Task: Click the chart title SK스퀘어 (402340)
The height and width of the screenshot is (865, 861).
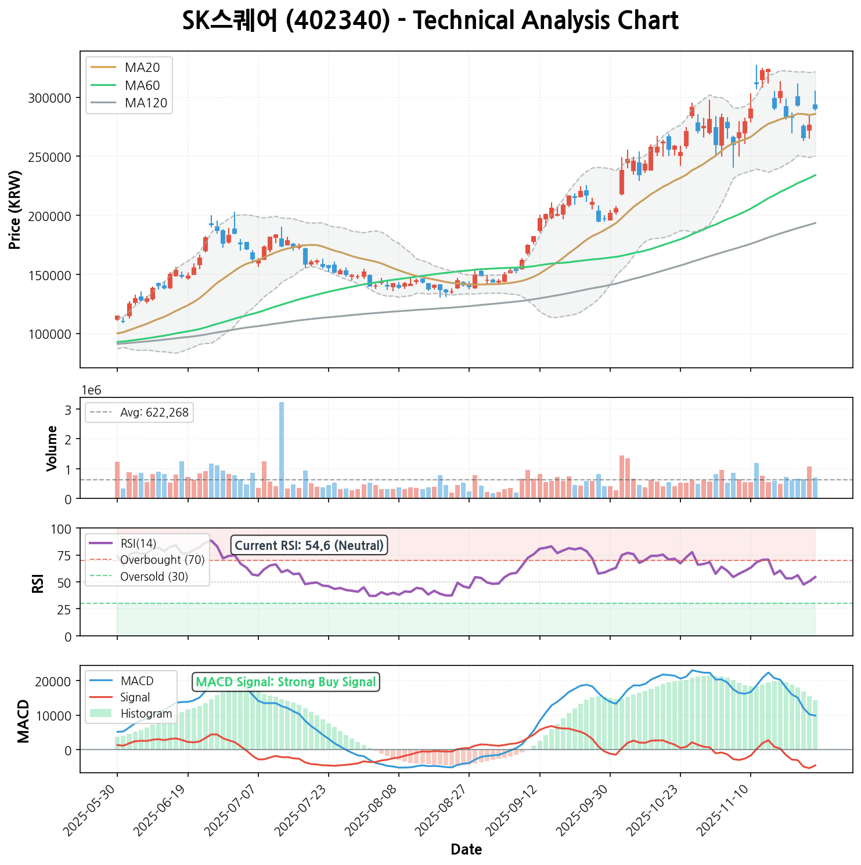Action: click(x=430, y=21)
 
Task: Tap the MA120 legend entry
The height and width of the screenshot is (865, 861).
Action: click(x=146, y=104)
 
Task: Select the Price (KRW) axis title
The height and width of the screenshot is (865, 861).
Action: click(x=16, y=209)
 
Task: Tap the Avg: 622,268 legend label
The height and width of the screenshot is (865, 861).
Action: click(x=154, y=413)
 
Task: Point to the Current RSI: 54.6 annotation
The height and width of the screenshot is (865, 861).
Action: click(x=309, y=545)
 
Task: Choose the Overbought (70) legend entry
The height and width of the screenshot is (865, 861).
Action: click(x=162, y=560)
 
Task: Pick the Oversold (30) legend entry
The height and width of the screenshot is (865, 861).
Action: click(x=154, y=577)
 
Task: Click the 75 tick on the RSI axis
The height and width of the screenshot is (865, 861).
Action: click(x=64, y=556)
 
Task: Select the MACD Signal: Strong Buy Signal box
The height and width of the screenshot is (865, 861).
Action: click(x=286, y=682)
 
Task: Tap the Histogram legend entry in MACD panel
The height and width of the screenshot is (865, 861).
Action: click(x=146, y=714)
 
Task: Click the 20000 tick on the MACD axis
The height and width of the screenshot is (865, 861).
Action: click(x=56, y=681)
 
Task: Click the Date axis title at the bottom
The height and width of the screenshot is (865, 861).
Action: click(x=466, y=850)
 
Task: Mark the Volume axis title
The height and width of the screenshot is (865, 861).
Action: click(x=52, y=448)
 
